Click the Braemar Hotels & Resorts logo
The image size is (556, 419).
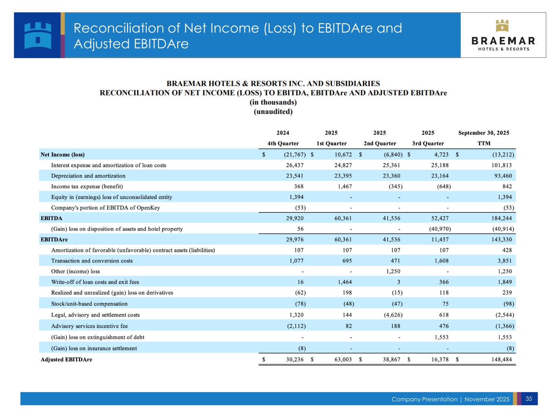[503, 35]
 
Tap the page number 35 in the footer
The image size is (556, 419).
[529, 399]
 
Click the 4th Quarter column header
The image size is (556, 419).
[283, 144]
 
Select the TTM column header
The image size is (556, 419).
[483, 144]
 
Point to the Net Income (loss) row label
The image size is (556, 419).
[63, 155]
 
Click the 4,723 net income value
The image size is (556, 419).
[440, 155]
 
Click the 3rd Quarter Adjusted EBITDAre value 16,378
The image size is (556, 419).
[440, 359]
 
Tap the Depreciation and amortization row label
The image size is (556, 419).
[88, 176]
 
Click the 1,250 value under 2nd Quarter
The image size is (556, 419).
[393, 271]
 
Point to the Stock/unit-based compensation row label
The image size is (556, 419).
[89, 303]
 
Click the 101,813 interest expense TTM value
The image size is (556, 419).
[501, 165]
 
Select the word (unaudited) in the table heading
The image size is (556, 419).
[273, 111]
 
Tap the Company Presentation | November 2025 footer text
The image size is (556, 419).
[450, 399]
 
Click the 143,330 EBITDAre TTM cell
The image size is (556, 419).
[501, 240]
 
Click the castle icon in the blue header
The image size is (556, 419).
[38, 35]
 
